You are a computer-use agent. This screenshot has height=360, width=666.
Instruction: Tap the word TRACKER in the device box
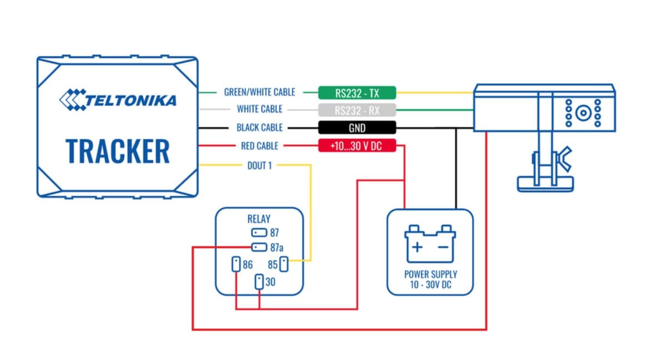tap(117, 150)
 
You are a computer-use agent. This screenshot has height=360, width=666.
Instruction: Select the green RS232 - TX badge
tap(357, 92)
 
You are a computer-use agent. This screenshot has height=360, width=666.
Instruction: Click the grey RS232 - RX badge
tap(357, 110)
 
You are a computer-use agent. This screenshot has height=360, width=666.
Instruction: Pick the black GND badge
tap(357, 128)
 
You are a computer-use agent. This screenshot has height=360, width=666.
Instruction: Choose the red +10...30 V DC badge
tap(357, 146)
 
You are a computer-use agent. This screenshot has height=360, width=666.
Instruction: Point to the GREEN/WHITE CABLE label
tap(259, 92)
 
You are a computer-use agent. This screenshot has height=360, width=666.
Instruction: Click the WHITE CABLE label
tap(259, 109)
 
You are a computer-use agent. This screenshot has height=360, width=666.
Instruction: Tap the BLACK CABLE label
tap(259, 128)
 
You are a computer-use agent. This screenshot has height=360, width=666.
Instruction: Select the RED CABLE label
tap(259, 146)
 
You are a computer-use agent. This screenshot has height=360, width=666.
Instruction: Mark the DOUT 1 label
tap(259, 165)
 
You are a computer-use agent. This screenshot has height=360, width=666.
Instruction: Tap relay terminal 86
tap(236, 264)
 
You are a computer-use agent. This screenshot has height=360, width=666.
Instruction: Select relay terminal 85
tap(284, 264)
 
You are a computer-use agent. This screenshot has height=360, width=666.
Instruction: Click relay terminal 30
tap(259, 282)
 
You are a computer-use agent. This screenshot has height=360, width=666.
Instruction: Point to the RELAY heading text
tap(259, 219)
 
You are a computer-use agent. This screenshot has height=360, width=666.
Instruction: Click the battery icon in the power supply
tap(430, 244)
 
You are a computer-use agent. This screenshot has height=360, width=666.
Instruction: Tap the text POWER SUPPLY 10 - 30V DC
tap(431, 279)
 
